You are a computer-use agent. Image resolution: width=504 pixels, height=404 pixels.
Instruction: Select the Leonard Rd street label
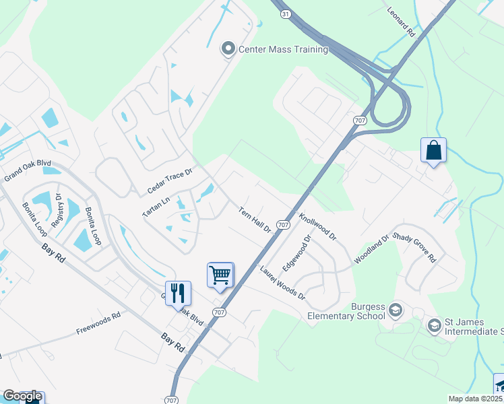pyautogui.click(x=401, y=22)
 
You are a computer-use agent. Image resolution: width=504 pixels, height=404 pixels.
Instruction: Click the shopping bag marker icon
pyautogui.click(x=433, y=151)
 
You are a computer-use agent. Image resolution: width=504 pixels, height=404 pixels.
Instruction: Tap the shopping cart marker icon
pyautogui.click(x=220, y=275)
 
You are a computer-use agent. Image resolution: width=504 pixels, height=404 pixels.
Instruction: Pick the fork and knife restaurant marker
pyautogui.click(x=178, y=293)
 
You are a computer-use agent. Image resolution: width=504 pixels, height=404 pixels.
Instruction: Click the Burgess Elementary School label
pyautogui.click(x=346, y=310)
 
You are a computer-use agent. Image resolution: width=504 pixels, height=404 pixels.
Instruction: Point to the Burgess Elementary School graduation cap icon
pyautogui.click(x=396, y=310)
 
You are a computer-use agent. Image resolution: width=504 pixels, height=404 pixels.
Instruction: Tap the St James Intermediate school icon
pyautogui.click(x=435, y=326)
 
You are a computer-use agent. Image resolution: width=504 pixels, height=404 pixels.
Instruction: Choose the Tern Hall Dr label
pyautogui.click(x=255, y=220)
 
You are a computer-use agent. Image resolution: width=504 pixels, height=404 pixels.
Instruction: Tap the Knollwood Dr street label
pyautogui.click(x=317, y=228)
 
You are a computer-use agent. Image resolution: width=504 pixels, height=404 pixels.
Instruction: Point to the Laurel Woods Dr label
pyautogui.click(x=282, y=283)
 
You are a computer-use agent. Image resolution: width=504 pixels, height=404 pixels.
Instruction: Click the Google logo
pyautogui.click(x=22, y=396)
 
